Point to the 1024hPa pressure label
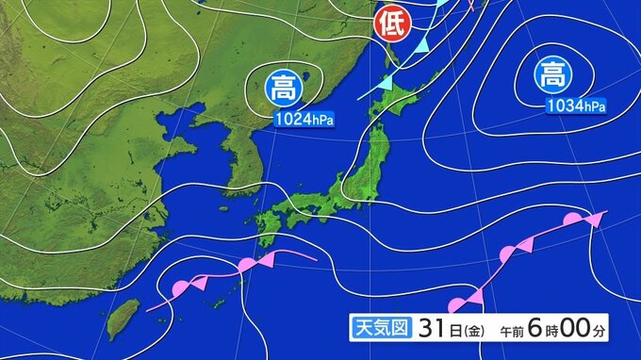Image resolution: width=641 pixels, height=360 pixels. pyautogui.click(x=304, y=120)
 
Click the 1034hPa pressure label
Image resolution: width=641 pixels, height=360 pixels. pyautogui.click(x=576, y=106)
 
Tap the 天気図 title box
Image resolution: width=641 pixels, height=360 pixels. pyautogui.click(x=374, y=329)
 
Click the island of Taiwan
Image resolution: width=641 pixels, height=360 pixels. pyautogui.click(x=120, y=319)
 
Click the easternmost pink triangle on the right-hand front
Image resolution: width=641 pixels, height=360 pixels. pyautogui.click(x=593, y=220)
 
